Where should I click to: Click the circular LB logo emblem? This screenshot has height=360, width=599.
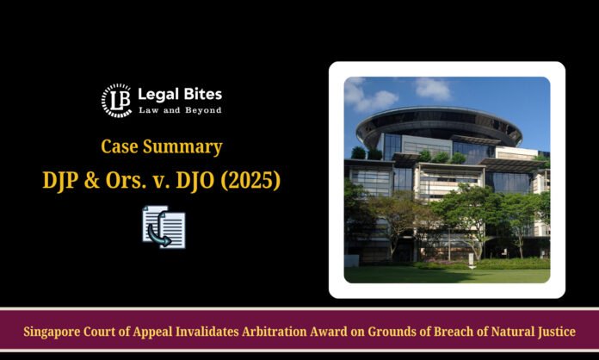[116, 101]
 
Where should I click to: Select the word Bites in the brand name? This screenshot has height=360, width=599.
[203, 94]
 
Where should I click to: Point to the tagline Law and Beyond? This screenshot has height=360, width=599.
[180, 110]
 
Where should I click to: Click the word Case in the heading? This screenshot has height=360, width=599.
[120, 146]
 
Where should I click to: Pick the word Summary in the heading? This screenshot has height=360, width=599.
[182, 147]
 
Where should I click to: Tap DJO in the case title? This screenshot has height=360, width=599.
[195, 180]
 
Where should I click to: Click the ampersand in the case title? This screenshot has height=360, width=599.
[92, 180]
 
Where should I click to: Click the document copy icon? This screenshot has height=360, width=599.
[164, 227]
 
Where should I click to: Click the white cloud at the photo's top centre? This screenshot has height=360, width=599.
[432, 89]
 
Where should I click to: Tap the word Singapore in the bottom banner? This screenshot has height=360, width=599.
[52, 332]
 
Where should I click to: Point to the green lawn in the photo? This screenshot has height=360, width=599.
[447, 275]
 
